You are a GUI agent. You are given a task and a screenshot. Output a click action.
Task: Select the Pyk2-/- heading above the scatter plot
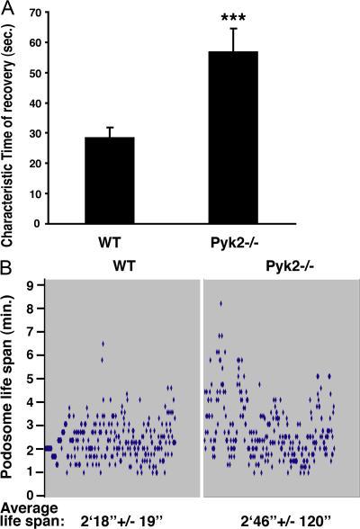coord(280,268)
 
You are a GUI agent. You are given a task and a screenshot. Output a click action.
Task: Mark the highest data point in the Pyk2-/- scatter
coord(220,304)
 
